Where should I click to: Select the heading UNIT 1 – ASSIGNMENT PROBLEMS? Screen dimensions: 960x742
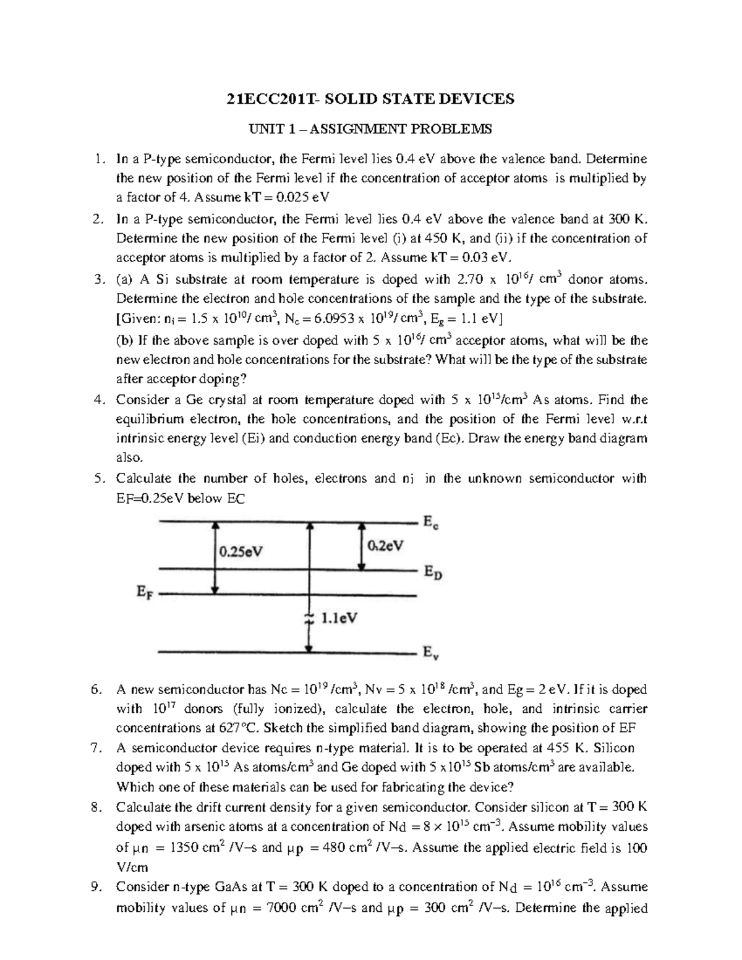coord(370,129)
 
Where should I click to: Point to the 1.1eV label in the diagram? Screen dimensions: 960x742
coord(339,618)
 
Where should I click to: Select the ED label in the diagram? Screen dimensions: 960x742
coord(433,572)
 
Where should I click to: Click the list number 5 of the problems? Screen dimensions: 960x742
coord(99,478)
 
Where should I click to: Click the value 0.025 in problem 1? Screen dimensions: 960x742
coord(290,198)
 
